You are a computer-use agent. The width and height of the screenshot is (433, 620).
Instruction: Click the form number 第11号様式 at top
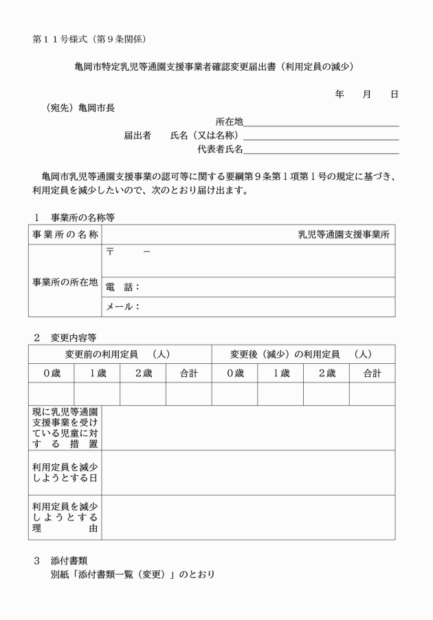point(89,38)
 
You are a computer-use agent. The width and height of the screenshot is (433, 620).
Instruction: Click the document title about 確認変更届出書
point(216,67)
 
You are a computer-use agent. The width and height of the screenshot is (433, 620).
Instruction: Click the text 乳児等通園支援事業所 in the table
point(343,235)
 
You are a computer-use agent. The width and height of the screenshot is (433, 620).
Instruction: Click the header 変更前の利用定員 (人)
point(118,354)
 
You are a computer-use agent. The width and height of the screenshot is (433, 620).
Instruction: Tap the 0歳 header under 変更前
point(52,374)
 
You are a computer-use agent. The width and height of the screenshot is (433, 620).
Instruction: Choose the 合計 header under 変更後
point(372,374)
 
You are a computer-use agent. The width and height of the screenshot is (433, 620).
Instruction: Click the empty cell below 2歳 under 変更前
point(143,394)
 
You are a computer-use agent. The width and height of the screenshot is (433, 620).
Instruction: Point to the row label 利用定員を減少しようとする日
point(65,472)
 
